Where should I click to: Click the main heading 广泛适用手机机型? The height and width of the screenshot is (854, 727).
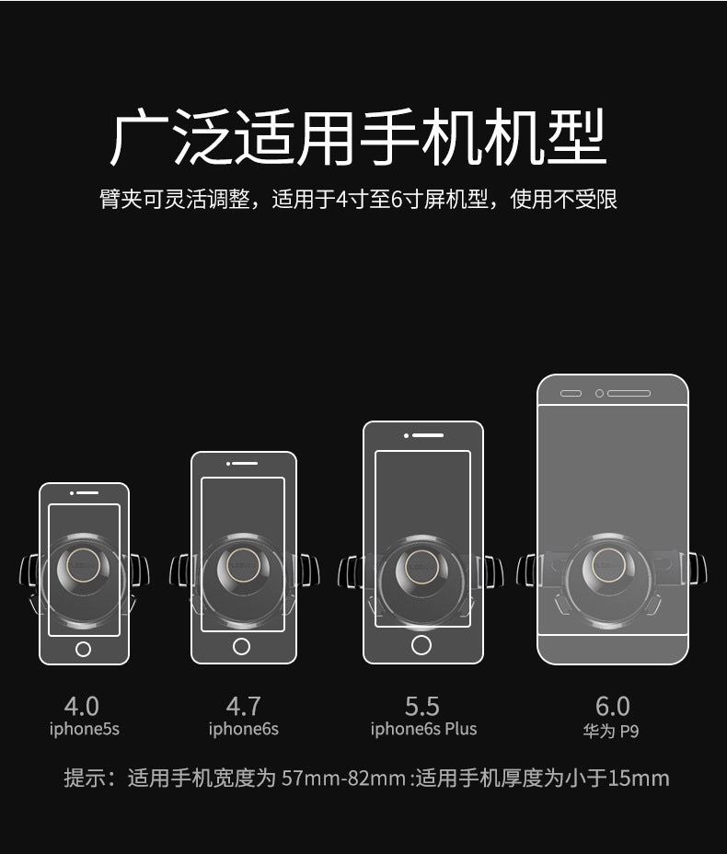coord(358,137)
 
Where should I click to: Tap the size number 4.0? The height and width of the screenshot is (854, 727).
coord(82,707)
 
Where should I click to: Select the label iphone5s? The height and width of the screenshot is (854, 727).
coord(85,729)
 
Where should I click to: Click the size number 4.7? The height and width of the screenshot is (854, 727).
coord(244,707)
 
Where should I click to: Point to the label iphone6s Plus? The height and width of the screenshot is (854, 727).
coord(423,729)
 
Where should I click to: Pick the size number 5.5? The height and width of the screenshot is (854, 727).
coord(422,707)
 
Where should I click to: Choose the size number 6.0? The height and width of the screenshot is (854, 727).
coord(613,707)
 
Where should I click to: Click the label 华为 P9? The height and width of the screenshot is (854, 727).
coord(611,731)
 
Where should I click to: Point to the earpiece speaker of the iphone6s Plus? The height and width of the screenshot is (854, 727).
coord(428,435)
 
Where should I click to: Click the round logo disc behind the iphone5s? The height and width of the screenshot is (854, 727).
coord(84,565)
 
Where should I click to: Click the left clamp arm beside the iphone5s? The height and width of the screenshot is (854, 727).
coord(29,571)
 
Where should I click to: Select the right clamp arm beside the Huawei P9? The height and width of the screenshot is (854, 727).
coord(698,569)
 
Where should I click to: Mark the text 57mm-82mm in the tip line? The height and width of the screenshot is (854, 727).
coord(343,779)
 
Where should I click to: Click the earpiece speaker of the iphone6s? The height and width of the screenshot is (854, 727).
coord(245,464)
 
